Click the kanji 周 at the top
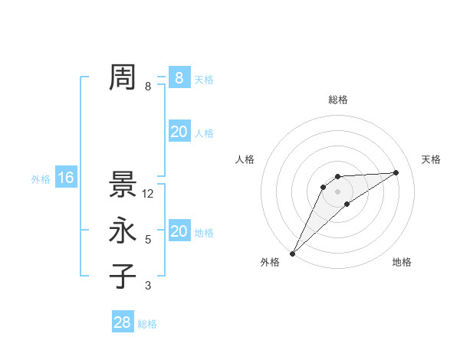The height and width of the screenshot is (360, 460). tap(123, 77)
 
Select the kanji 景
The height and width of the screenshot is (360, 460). tap(123, 185)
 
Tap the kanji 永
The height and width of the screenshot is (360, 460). tap(123, 231)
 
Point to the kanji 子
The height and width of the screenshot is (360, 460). tap(123, 277)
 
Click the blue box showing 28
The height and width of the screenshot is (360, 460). tap(123, 322)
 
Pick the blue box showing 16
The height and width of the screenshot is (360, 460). tap(66, 178)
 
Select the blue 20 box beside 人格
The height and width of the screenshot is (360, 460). tap(179, 132)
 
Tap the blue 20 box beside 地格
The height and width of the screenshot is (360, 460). tap(179, 231)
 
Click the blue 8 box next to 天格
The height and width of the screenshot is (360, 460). tap(179, 77)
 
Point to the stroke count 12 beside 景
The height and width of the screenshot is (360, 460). tap(148, 194)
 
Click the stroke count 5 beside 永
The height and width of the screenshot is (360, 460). tap(148, 240)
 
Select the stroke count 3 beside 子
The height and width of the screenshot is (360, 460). tap(148, 286)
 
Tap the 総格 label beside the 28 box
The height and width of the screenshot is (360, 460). tap(147, 324)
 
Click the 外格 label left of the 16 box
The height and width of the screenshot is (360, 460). tap(41, 179)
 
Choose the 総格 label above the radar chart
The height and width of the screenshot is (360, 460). tap(337, 100)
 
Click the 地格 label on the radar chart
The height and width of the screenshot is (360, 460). tap(402, 262)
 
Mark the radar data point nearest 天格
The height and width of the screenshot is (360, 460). tap(396, 172)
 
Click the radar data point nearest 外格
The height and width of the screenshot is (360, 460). tap(292, 254)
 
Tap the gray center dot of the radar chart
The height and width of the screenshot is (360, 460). tap(337, 191)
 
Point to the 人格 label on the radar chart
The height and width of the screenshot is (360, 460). tap(245, 159)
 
